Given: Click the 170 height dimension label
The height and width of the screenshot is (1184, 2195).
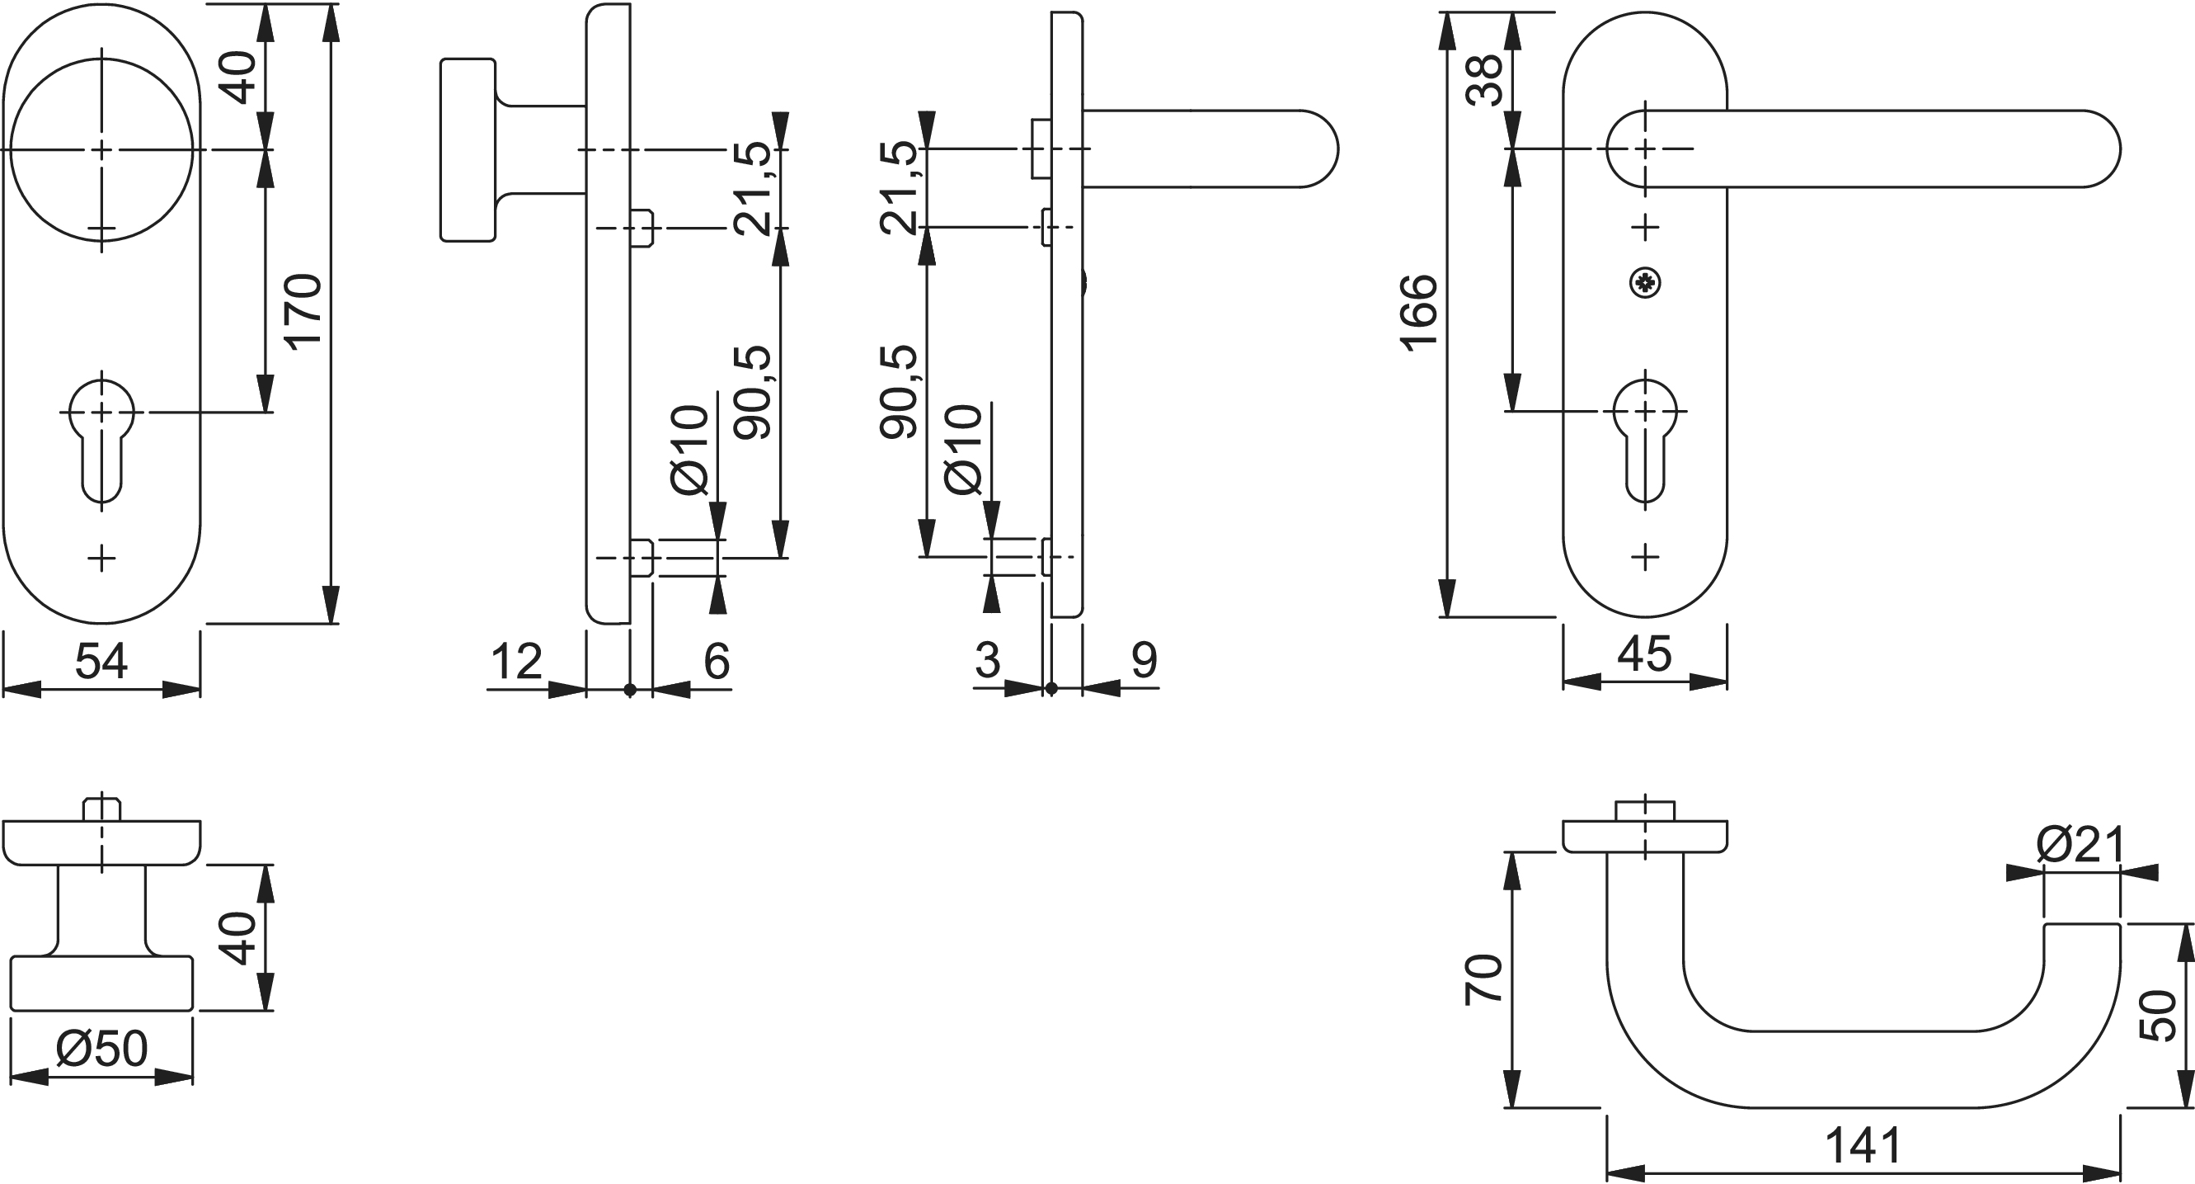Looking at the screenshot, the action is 303,310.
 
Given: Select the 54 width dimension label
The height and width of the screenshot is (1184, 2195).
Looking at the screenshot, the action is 101,661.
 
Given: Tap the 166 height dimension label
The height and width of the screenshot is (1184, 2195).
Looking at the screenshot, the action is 1419,313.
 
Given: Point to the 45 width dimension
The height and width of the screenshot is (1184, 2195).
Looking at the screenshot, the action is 1643,654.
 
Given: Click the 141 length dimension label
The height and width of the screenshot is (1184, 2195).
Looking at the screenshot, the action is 1863,1146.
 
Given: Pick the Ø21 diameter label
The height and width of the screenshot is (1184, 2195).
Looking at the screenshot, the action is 2080,845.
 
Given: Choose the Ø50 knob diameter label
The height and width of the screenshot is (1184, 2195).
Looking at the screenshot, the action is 102,1049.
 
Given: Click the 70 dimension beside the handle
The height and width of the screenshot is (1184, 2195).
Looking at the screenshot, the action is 1483,980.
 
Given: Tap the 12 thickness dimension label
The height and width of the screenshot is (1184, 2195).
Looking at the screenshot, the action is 516,661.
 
